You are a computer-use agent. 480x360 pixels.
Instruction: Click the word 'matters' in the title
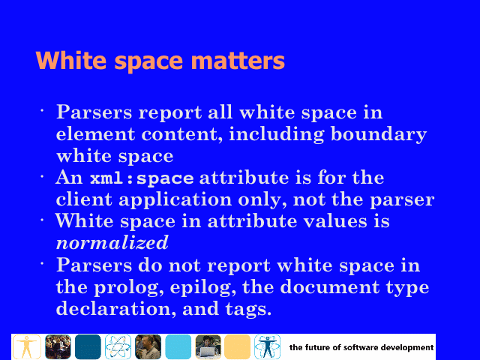[x=238, y=61]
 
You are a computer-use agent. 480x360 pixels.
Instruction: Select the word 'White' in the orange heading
[x=72, y=60]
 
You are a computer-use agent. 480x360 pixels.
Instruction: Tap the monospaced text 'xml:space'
[x=142, y=178]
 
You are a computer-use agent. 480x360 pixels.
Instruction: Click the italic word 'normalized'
[x=112, y=243]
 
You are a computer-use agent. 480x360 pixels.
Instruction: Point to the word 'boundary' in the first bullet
[x=379, y=135]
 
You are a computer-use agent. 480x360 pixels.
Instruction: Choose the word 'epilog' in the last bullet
[x=203, y=288]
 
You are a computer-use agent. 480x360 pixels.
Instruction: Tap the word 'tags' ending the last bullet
[x=248, y=309]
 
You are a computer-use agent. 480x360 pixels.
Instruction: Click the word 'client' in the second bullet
[x=84, y=199]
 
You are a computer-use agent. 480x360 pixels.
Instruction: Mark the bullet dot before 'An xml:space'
[x=42, y=176]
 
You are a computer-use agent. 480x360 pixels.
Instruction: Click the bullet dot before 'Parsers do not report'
[x=42, y=263]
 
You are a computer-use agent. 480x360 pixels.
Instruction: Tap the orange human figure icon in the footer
[x=27, y=346]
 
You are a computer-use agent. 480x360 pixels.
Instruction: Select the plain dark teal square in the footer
[x=88, y=346]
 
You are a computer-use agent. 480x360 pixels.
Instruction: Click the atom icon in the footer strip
[x=118, y=346]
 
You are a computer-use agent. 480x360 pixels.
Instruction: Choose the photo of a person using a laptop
[x=208, y=346]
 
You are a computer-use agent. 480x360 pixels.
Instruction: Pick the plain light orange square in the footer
[x=238, y=346]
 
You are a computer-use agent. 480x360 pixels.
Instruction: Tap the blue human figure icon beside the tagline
[x=267, y=346]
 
